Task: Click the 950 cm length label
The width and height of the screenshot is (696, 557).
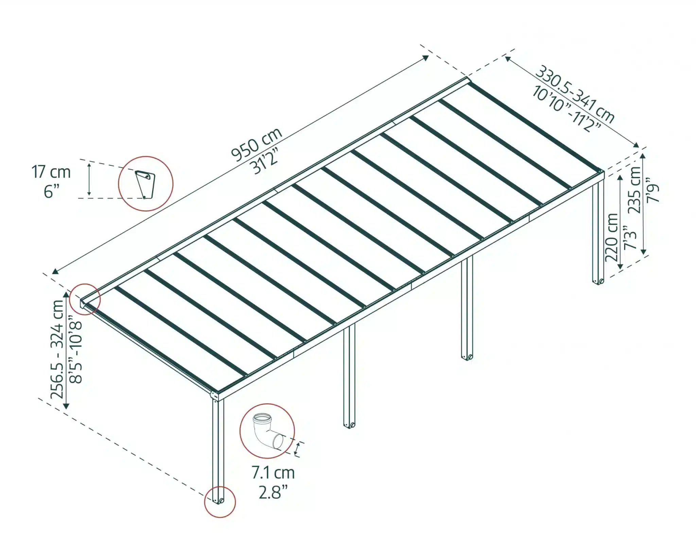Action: (257, 144)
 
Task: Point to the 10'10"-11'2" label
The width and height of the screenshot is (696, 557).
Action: (566, 108)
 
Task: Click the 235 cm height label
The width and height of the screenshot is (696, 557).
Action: (634, 190)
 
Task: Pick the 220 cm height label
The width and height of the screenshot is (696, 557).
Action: (612, 237)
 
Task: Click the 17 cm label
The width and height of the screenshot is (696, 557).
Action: (51, 172)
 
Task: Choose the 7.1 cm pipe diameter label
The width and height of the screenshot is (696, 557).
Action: (273, 473)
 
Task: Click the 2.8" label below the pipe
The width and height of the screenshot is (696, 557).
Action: (273, 492)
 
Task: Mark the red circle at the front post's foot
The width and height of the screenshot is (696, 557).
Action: (220, 502)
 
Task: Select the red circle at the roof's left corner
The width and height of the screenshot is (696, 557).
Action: (85, 299)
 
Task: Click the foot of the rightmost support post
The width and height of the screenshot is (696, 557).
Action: (598, 281)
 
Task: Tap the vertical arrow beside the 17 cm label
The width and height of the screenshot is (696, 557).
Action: (89, 180)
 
